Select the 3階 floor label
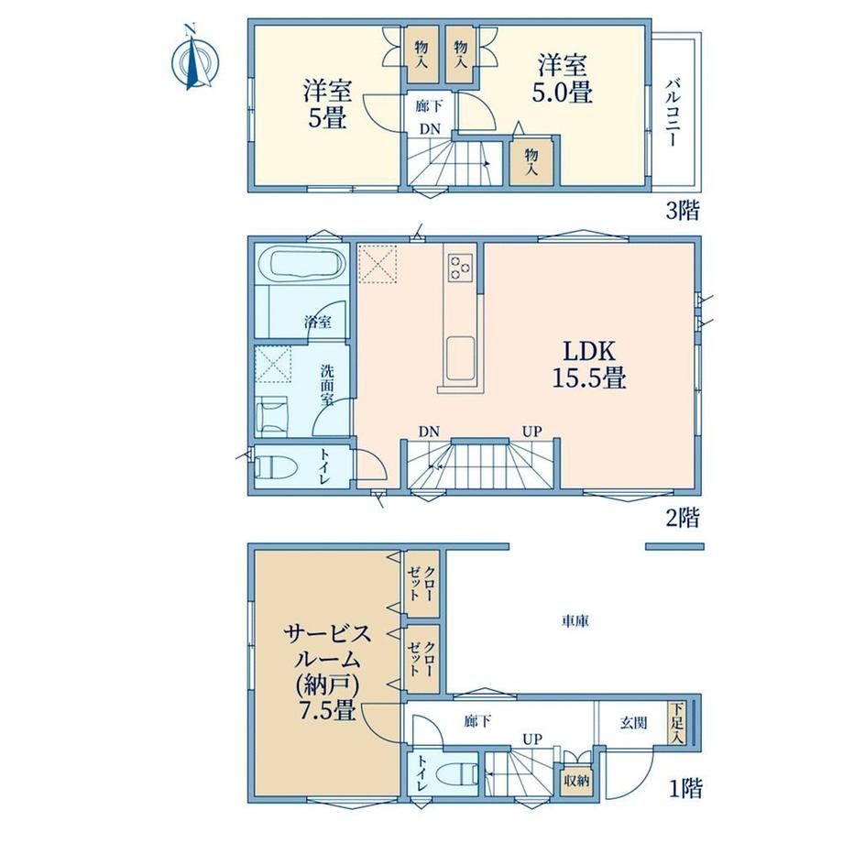(x=683, y=210)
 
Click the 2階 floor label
(x=683, y=517)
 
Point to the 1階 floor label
(x=685, y=788)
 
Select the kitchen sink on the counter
(x=460, y=357)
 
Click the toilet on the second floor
(x=275, y=466)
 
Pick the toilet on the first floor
(x=457, y=774)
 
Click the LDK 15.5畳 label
(x=589, y=364)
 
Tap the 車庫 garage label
(x=575, y=621)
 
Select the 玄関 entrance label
(x=633, y=723)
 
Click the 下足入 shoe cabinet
(x=677, y=724)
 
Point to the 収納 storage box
(x=575, y=780)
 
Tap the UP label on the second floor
(x=531, y=432)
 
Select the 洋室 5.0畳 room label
(x=563, y=79)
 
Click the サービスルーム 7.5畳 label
(x=327, y=672)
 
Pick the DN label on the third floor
(x=430, y=129)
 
